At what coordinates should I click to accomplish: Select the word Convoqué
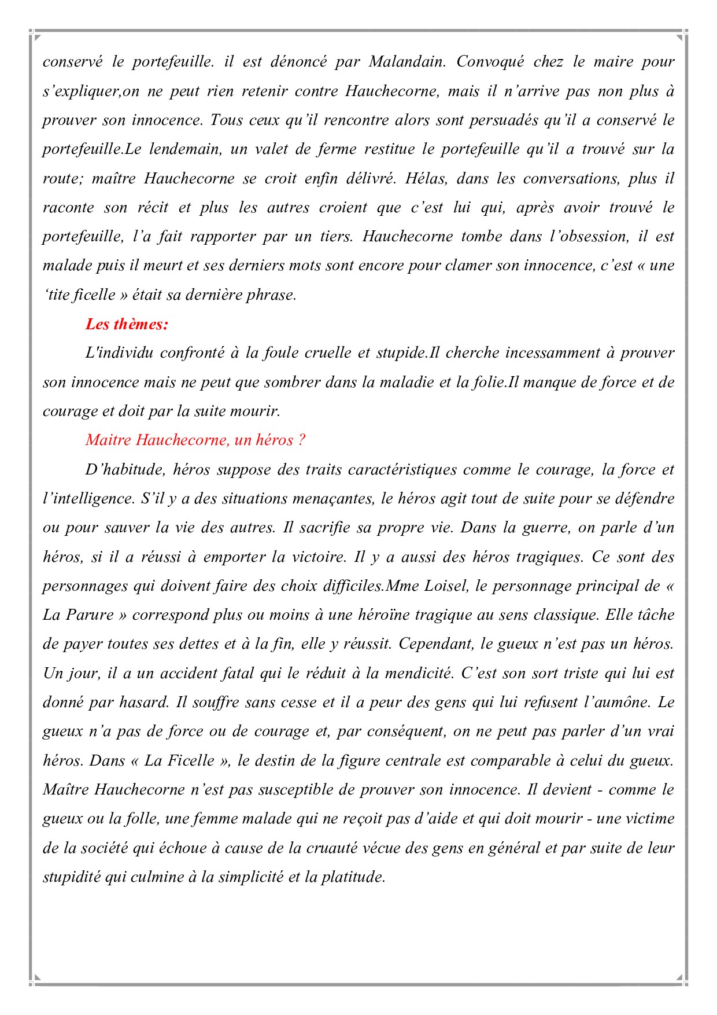pos(490,62)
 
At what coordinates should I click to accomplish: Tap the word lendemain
pos(185,149)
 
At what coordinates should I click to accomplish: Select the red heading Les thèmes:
pos(127,324)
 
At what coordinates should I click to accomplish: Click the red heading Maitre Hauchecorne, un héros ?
pos(195,440)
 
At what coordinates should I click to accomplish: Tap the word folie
pos(489,382)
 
